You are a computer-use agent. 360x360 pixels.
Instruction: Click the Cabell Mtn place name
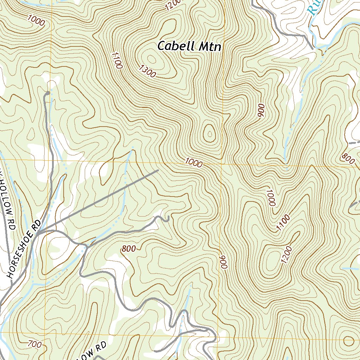[189, 46]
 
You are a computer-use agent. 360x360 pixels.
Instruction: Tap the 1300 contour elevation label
[147, 71]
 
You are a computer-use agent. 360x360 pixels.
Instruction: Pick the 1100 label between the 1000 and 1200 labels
[283, 223]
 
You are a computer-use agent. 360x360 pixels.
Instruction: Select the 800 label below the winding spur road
[129, 249]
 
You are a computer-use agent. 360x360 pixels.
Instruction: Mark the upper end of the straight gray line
[158, 171]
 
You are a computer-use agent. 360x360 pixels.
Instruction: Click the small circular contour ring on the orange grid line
[349, 341]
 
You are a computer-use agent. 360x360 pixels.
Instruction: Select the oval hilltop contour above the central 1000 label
[210, 134]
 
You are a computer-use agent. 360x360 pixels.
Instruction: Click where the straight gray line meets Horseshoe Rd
[38, 233]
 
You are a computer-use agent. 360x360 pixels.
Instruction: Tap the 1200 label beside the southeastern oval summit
[287, 255]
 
